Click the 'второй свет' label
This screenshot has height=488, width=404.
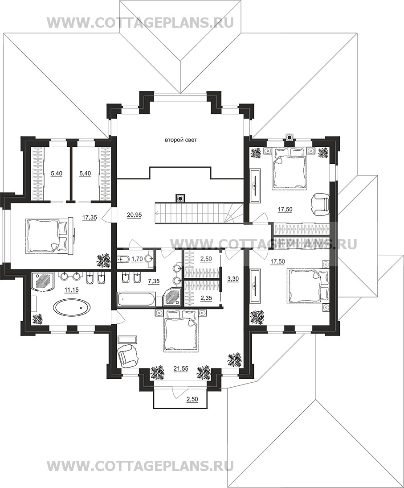180,140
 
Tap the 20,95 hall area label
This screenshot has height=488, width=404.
134,215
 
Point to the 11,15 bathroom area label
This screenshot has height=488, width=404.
71,289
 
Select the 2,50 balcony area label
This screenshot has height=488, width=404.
192,399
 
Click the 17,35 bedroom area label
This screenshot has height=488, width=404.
89,218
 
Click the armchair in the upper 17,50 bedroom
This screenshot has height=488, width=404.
320,203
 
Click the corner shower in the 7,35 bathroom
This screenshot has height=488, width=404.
172,297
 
